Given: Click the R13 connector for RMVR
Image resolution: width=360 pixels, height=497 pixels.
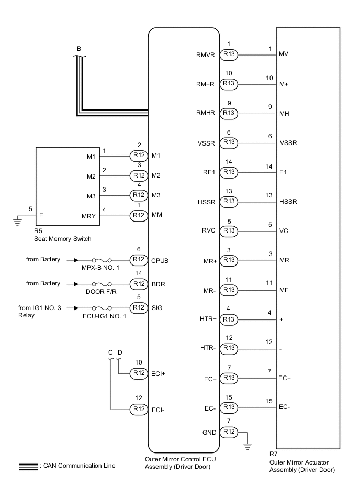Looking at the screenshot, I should (x=229, y=54).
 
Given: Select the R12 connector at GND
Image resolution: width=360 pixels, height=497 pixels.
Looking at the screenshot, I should (x=229, y=432).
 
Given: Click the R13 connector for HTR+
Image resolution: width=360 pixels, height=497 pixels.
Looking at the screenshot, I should (x=229, y=318).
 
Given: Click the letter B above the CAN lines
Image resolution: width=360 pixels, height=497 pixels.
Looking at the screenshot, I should (x=79, y=49).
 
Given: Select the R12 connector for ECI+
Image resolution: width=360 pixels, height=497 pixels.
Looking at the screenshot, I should (x=139, y=372).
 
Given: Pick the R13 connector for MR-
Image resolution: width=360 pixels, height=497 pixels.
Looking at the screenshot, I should (x=229, y=289).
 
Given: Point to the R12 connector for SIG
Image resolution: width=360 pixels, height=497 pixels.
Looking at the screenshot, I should (x=139, y=307).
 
